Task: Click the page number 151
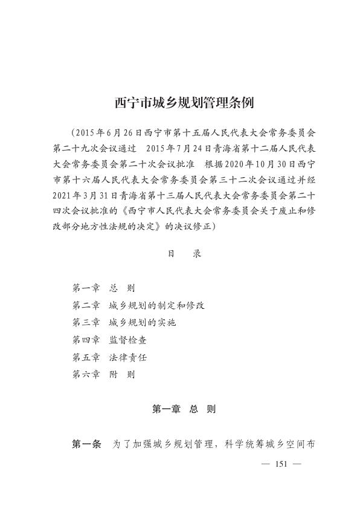point(279,464)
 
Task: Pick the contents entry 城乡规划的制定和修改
point(156,305)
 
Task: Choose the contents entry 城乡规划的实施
point(142,323)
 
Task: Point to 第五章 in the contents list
point(86,357)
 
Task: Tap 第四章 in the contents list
point(86,340)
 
